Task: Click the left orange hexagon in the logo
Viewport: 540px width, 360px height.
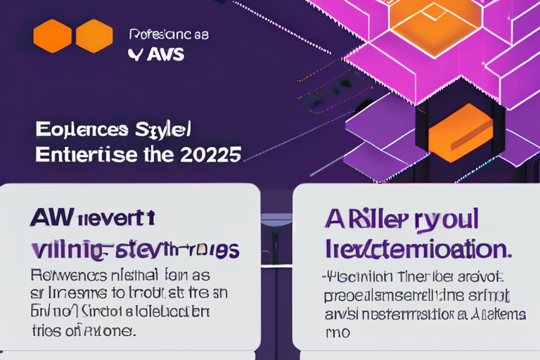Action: [x=52, y=36]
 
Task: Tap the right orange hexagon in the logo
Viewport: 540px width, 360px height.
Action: [x=94, y=36]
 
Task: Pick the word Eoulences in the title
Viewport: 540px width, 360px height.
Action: [x=82, y=130]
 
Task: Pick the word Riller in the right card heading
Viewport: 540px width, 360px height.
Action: [x=377, y=219]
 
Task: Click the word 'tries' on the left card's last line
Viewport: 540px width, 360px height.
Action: [x=46, y=329]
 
